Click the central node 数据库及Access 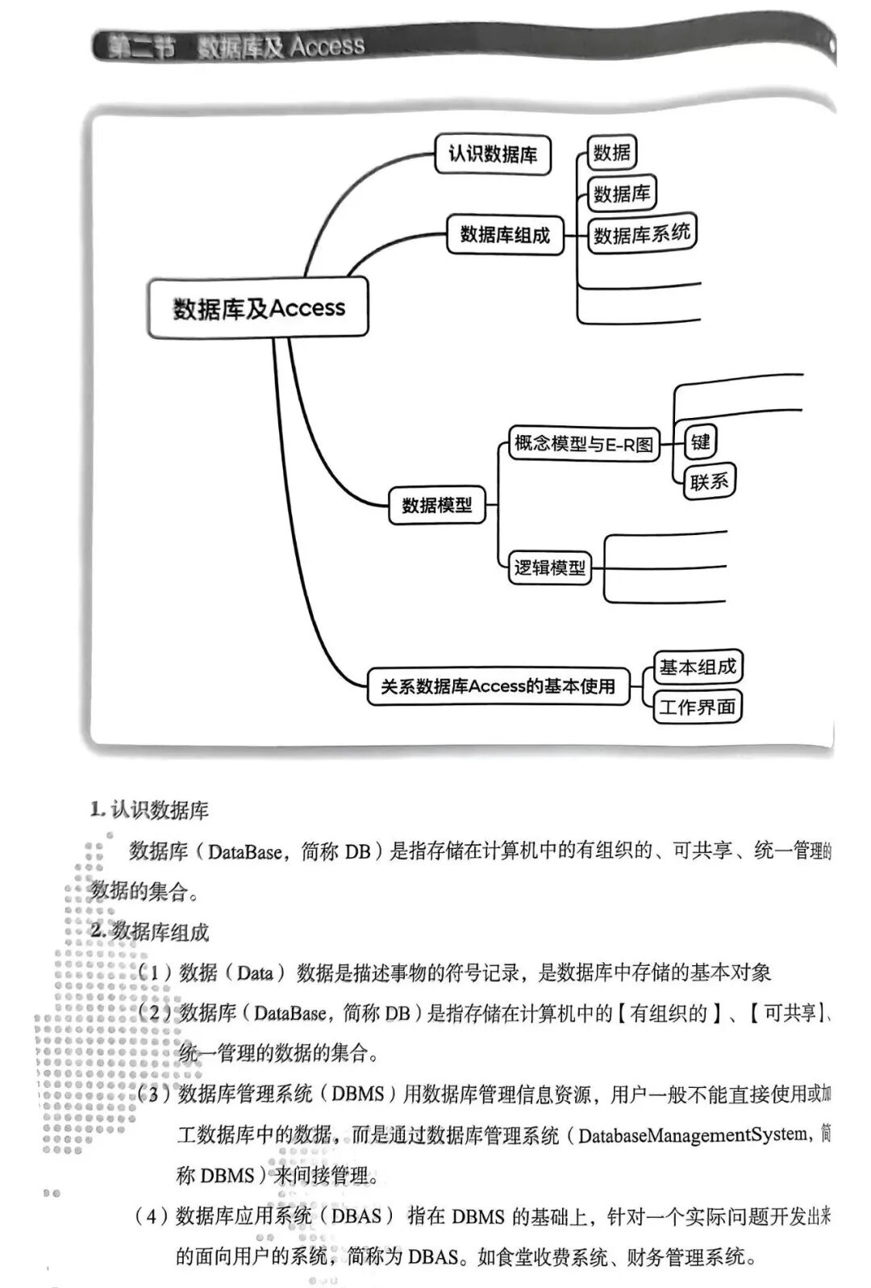click(x=257, y=308)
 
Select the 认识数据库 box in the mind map click(x=493, y=154)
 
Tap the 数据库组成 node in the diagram click(x=505, y=234)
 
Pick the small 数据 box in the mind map click(x=611, y=153)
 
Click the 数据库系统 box click(x=641, y=234)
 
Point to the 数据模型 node click(x=436, y=505)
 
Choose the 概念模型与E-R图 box click(x=583, y=444)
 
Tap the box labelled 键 click(x=700, y=441)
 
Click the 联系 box click(x=709, y=482)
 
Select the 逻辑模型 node click(x=549, y=567)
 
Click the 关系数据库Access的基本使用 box click(x=498, y=686)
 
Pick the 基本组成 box click(x=697, y=667)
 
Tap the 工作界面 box click(x=697, y=707)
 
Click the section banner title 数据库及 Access click(x=281, y=46)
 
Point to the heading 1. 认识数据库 click(x=150, y=809)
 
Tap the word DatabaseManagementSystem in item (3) click(x=693, y=1135)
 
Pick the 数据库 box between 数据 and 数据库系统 click(x=621, y=193)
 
